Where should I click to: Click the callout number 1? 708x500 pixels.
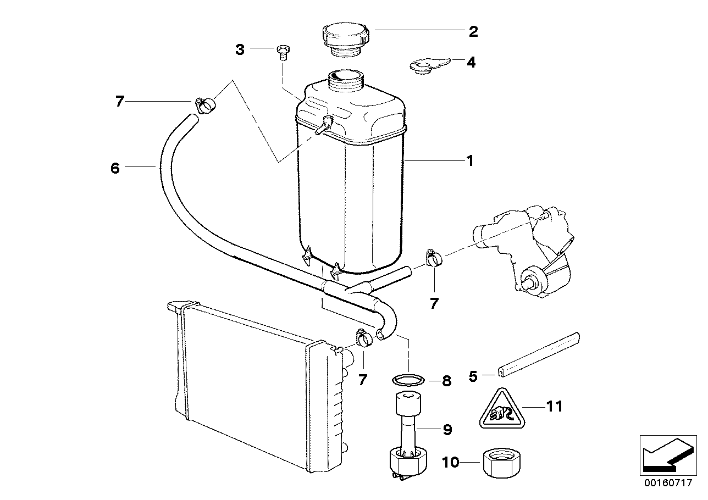[469, 161]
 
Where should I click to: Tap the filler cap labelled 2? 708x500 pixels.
[347, 38]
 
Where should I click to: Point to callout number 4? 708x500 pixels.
[471, 62]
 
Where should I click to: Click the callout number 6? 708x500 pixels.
[115, 168]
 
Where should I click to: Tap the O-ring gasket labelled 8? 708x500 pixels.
[408, 379]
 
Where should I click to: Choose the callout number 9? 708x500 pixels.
[447, 430]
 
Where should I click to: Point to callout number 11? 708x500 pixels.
[555, 407]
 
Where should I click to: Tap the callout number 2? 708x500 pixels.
[473, 31]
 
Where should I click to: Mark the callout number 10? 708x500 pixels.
[450, 463]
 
